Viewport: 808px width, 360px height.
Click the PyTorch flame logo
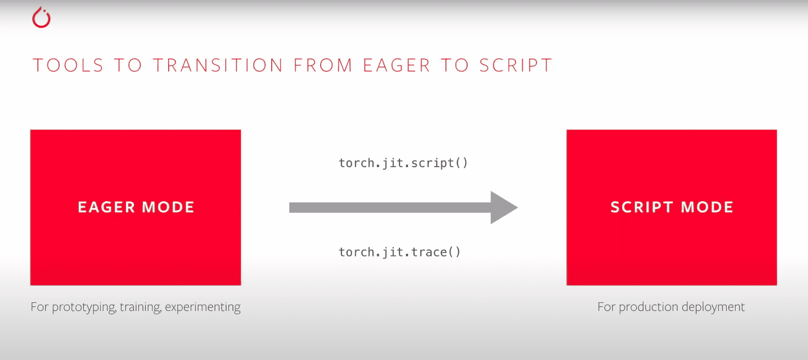click(41, 18)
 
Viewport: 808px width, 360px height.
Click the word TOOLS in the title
click(68, 65)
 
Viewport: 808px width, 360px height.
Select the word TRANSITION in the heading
click(218, 65)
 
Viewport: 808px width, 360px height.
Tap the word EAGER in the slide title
click(397, 65)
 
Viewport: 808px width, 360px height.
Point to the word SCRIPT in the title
click(516, 65)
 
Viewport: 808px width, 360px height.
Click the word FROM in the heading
click(323, 65)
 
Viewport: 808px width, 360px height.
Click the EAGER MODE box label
click(136, 208)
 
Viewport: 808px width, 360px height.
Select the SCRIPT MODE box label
click(672, 208)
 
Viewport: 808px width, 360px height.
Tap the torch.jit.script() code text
click(403, 163)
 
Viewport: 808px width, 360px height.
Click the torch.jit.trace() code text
click(399, 252)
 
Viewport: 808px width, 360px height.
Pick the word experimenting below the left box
click(203, 307)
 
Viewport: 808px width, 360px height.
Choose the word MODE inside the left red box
click(168, 208)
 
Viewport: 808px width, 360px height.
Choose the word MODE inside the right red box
click(707, 208)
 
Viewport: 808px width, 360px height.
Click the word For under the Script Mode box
click(607, 307)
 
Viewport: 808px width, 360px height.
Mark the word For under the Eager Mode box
click(39, 307)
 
